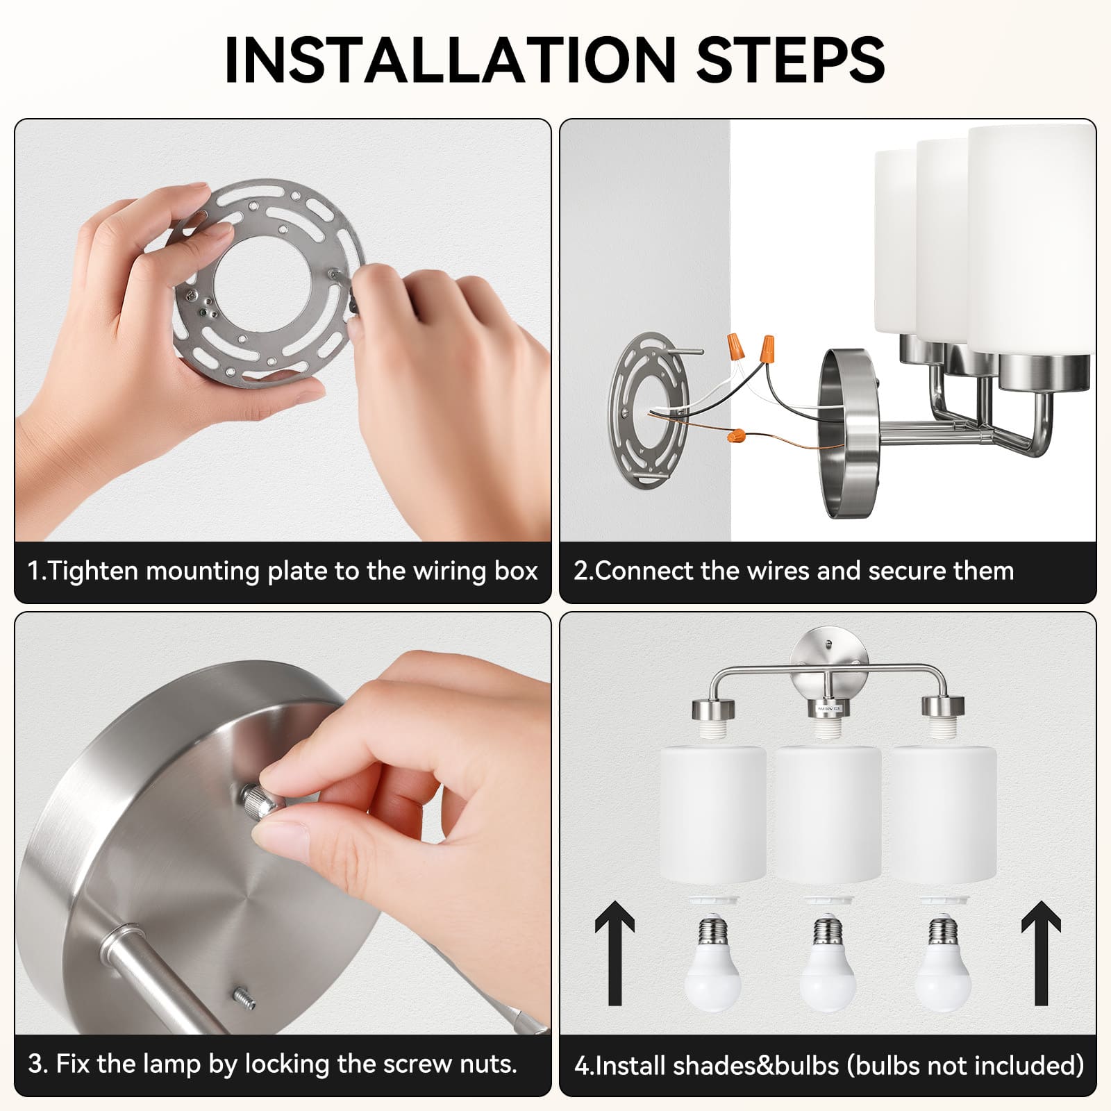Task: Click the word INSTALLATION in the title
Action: pos(450,60)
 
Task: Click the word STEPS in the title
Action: pos(790,60)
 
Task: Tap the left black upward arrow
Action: pos(615,953)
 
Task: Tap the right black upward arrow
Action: pos(1041,953)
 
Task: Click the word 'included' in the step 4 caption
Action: pos(1027,1065)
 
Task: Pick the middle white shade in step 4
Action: pos(827,815)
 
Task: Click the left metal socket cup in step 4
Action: pos(713,709)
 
